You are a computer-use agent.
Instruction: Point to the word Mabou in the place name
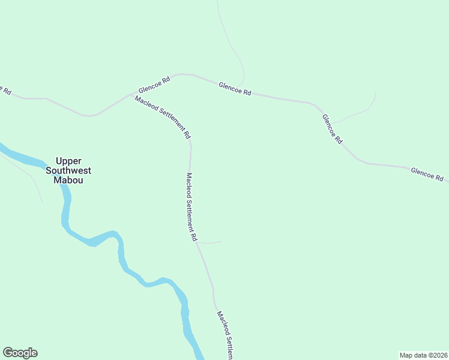[x=68, y=180]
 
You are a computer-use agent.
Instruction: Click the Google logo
[x=20, y=353]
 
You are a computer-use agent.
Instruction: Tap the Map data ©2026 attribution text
[x=423, y=355]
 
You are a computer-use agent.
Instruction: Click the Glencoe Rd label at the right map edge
[x=427, y=175]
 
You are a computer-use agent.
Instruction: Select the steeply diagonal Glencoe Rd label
[x=332, y=129]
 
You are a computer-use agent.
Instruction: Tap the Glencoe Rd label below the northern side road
[x=235, y=90]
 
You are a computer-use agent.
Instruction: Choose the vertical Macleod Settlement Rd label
[x=191, y=207]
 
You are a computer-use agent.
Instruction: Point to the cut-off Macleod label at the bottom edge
[x=224, y=335]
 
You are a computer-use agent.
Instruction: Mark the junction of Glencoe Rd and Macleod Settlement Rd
[x=133, y=94]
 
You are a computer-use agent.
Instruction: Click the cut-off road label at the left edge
[x=5, y=90]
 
